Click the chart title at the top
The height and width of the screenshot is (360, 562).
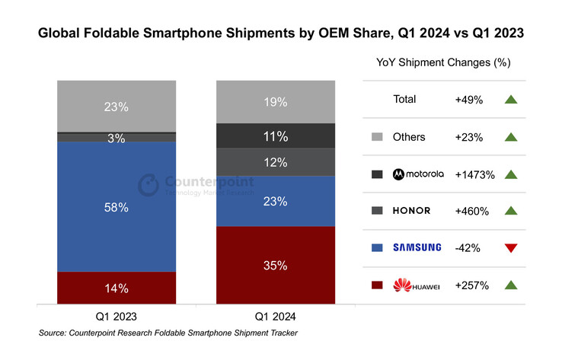point(281,34)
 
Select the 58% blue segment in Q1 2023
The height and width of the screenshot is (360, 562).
point(117,206)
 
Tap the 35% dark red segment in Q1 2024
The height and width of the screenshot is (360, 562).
point(276,266)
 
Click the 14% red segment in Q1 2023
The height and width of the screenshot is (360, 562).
point(117,288)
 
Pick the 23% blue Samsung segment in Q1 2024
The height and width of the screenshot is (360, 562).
point(276,202)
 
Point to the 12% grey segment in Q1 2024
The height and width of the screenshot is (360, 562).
point(276,162)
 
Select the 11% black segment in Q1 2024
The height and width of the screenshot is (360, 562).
point(276,136)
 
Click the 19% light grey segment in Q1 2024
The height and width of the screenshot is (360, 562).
point(276,101)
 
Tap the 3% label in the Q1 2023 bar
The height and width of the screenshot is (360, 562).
point(117,138)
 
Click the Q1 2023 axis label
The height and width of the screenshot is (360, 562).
point(117,315)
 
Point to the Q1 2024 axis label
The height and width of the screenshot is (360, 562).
point(276,315)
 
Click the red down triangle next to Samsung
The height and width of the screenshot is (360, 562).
point(509,247)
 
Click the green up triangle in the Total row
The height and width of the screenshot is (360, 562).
point(509,100)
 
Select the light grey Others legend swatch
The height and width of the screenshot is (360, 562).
point(376,137)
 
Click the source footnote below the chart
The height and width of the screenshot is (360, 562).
point(168,333)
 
